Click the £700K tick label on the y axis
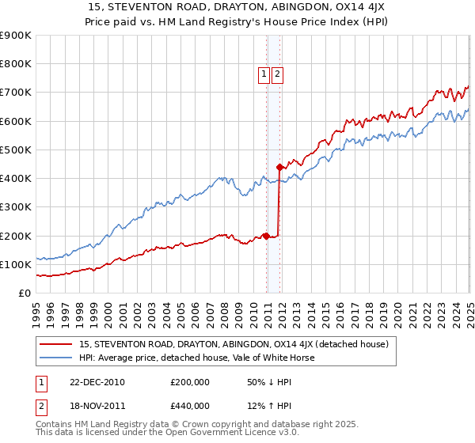(x=16, y=93)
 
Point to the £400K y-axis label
(x=16, y=179)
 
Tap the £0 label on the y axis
(x=25, y=293)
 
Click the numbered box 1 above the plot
(x=263, y=74)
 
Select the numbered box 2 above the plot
(x=278, y=74)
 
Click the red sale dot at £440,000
(x=279, y=167)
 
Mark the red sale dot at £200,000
(x=267, y=236)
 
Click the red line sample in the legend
(x=57, y=344)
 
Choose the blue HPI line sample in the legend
(x=57, y=358)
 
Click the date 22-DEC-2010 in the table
(x=97, y=382)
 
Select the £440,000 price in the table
(x=189, y=406)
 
